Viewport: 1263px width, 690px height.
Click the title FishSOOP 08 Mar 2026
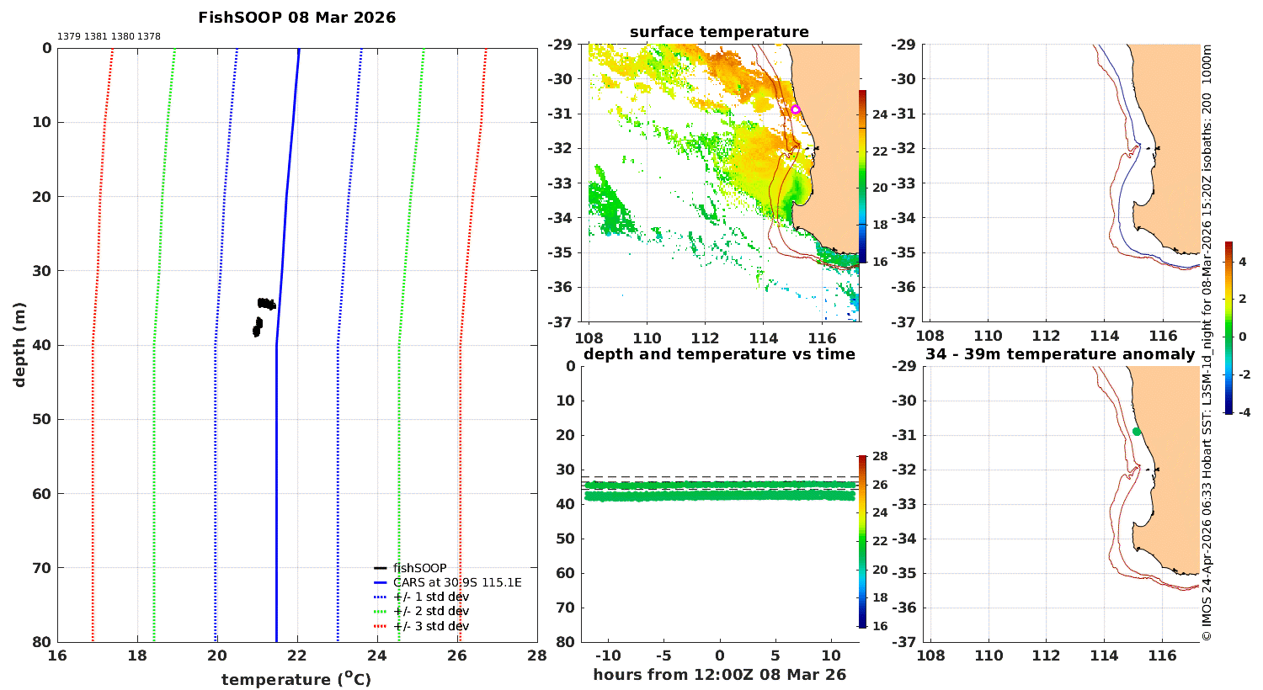tap(296, 18)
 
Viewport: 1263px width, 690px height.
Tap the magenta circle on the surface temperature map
tap(795, 109)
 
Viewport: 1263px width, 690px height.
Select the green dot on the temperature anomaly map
tap(1136, 432)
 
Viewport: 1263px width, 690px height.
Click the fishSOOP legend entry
tap(411, 568)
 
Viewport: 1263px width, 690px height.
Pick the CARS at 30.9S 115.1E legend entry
tap(448, 582)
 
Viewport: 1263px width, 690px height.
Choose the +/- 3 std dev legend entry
tap(421, 626)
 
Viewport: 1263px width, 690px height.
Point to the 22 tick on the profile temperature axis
tap(297, 655)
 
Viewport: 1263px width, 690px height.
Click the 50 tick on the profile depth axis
tap(42, 419)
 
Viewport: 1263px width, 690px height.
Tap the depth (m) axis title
tap(19, 345)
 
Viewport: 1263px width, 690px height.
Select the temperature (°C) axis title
tap(296, 679)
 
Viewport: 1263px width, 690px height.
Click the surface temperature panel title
tap(719, 32)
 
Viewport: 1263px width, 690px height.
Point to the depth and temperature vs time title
tap(719, 354)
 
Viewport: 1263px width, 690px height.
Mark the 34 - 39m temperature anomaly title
tap(1060, 354)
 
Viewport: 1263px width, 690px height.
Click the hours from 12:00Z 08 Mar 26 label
tap(719, 674)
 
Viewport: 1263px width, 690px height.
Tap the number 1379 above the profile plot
tap(69, 37)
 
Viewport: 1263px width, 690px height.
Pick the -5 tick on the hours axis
tap(663, 655)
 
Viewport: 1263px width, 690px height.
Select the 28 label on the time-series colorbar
tap(880, 456)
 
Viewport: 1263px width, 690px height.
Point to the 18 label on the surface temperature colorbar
tap(880, 225)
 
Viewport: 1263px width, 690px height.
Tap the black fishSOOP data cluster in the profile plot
tap(264, 316)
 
